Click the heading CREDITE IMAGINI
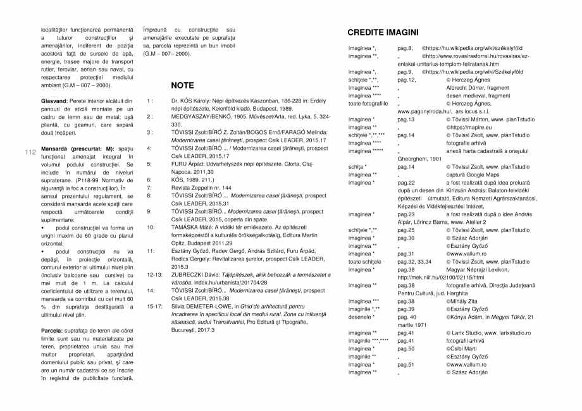coord(383,32)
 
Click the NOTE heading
coord(182,85)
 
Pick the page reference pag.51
coord(406,364)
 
